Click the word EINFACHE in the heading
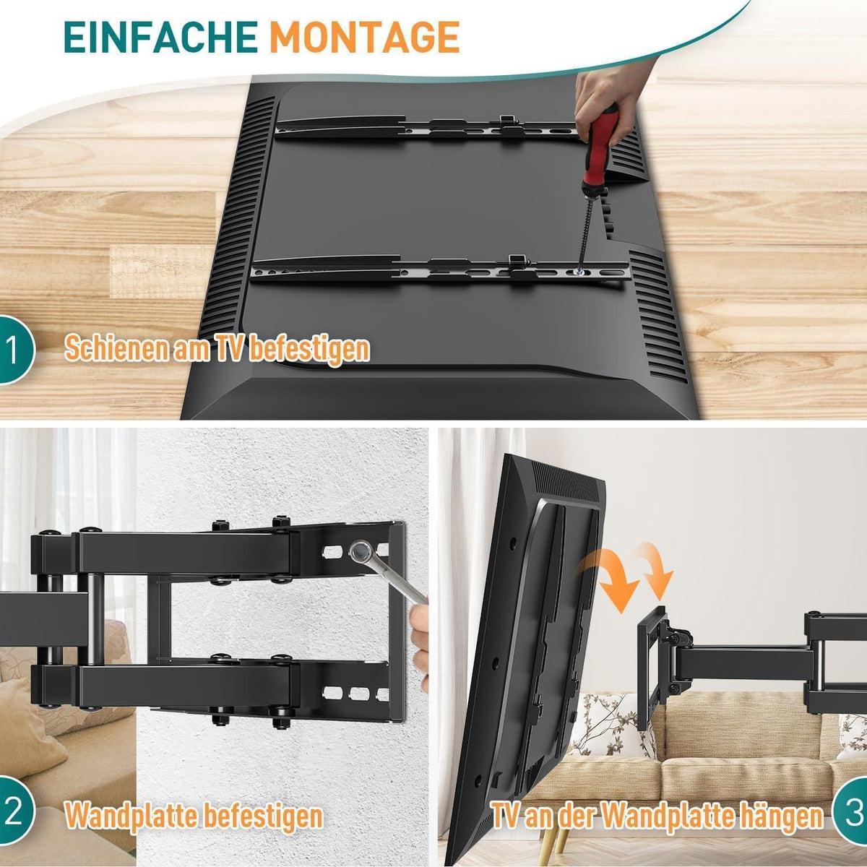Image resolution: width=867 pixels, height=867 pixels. (160, 37)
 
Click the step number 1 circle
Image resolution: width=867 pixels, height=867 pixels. (14, 350)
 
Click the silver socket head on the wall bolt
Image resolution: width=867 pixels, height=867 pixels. (361, 550)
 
